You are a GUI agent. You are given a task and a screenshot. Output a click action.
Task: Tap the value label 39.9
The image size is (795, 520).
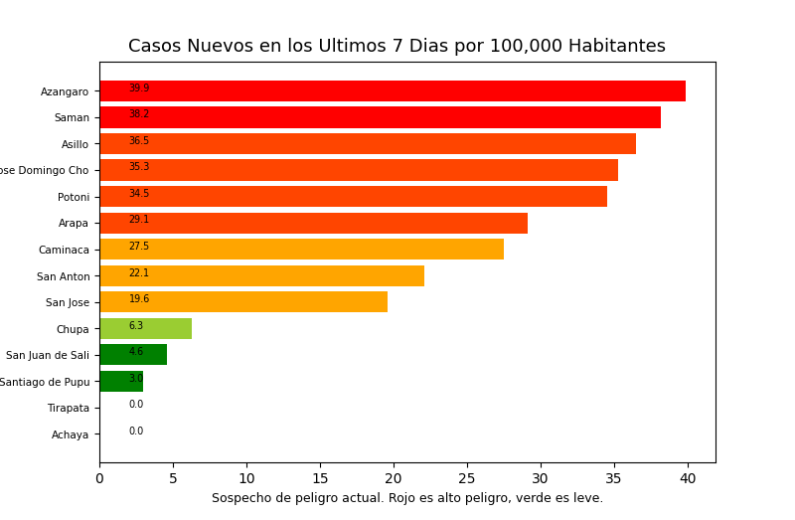coord(139,88)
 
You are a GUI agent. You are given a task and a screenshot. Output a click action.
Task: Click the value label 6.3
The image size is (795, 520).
coord(136,326)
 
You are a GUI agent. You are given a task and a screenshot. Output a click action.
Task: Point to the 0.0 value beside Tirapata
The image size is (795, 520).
coord(136,405)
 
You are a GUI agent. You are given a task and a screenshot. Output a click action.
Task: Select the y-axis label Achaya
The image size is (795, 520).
coord(71,434)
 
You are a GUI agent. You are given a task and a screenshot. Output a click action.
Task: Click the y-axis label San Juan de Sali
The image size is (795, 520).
coord(48,355)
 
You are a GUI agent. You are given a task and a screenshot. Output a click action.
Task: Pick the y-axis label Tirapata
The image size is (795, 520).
coord(69,408)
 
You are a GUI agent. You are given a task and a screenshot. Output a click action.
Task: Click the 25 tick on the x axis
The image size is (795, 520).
coord(467,479)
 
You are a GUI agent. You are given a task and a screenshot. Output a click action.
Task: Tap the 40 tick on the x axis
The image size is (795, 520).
coord(688,479)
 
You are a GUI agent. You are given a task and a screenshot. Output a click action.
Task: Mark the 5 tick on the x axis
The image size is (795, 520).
coord(173,479)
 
